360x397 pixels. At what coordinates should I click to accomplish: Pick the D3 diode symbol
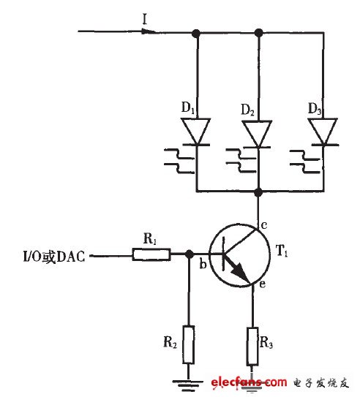pyautogui.click(x=320, y=132)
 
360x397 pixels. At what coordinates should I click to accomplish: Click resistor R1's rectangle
pyautogui.click(x=151, y=255)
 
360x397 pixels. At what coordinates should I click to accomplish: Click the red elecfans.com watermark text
pyautogui.click(x=248, y=382)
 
